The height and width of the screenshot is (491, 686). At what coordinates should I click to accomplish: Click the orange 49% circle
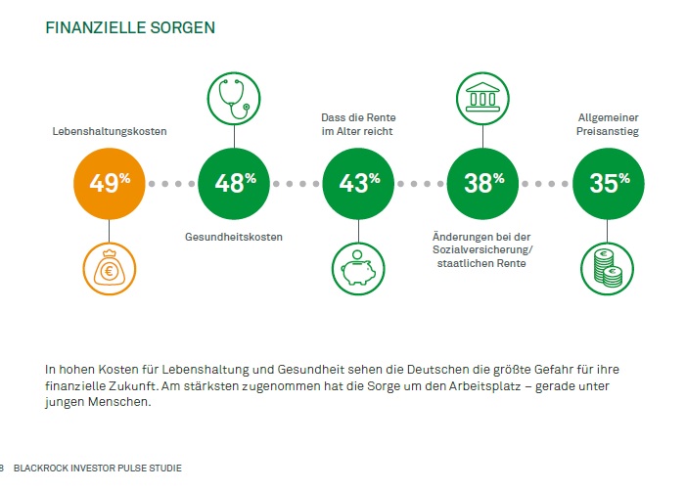(110, 182)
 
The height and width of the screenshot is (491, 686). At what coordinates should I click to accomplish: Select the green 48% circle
(234, 182)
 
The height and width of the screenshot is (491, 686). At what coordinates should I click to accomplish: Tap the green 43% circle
(358, 182)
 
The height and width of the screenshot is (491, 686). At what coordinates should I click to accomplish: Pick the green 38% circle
(482, 182)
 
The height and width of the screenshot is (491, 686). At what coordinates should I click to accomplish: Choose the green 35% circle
(607, 182)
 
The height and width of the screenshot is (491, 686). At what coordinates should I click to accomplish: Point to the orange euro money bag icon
(110, 267)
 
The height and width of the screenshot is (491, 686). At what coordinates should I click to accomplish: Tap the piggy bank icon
(358, 267)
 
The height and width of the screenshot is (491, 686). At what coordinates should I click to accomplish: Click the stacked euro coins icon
(607, 267)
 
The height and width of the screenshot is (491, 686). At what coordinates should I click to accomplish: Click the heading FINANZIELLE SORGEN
(130, 27)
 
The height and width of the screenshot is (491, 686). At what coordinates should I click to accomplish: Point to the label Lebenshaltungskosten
(110, 131)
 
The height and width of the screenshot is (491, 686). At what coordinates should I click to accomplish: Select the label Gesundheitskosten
(234, 237)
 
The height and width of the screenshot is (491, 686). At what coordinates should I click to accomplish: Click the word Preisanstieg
(607, 131)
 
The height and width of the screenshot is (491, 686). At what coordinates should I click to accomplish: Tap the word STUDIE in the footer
(164, 469)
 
